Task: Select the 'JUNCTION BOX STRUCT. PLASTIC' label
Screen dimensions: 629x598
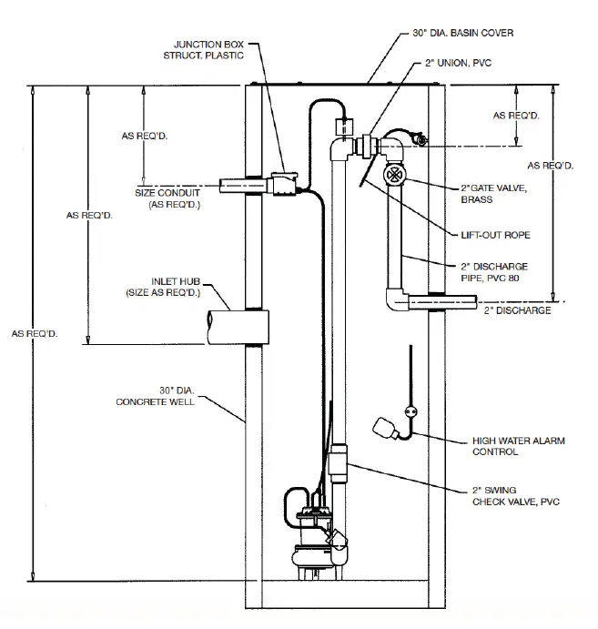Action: [x=212, y=49]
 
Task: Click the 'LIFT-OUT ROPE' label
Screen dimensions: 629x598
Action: [x=495, y=235]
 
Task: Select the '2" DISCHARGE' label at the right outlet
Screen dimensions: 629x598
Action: [x=517, y=310]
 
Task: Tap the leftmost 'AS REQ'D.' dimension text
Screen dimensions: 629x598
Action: [x=35, y=334]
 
